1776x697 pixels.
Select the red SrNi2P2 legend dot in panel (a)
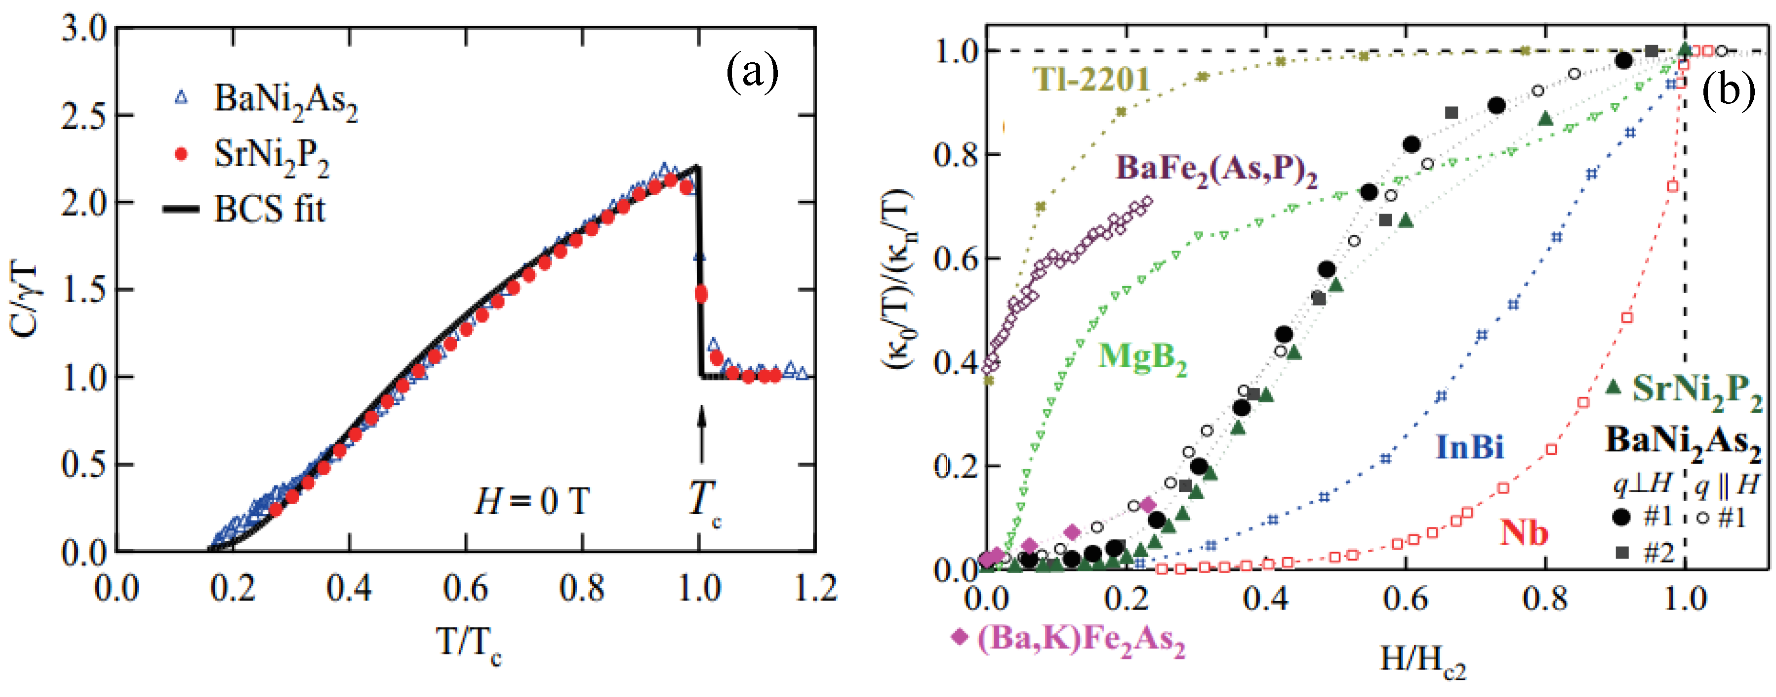181,154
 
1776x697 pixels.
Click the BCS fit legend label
269,209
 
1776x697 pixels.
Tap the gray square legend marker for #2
1622,553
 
